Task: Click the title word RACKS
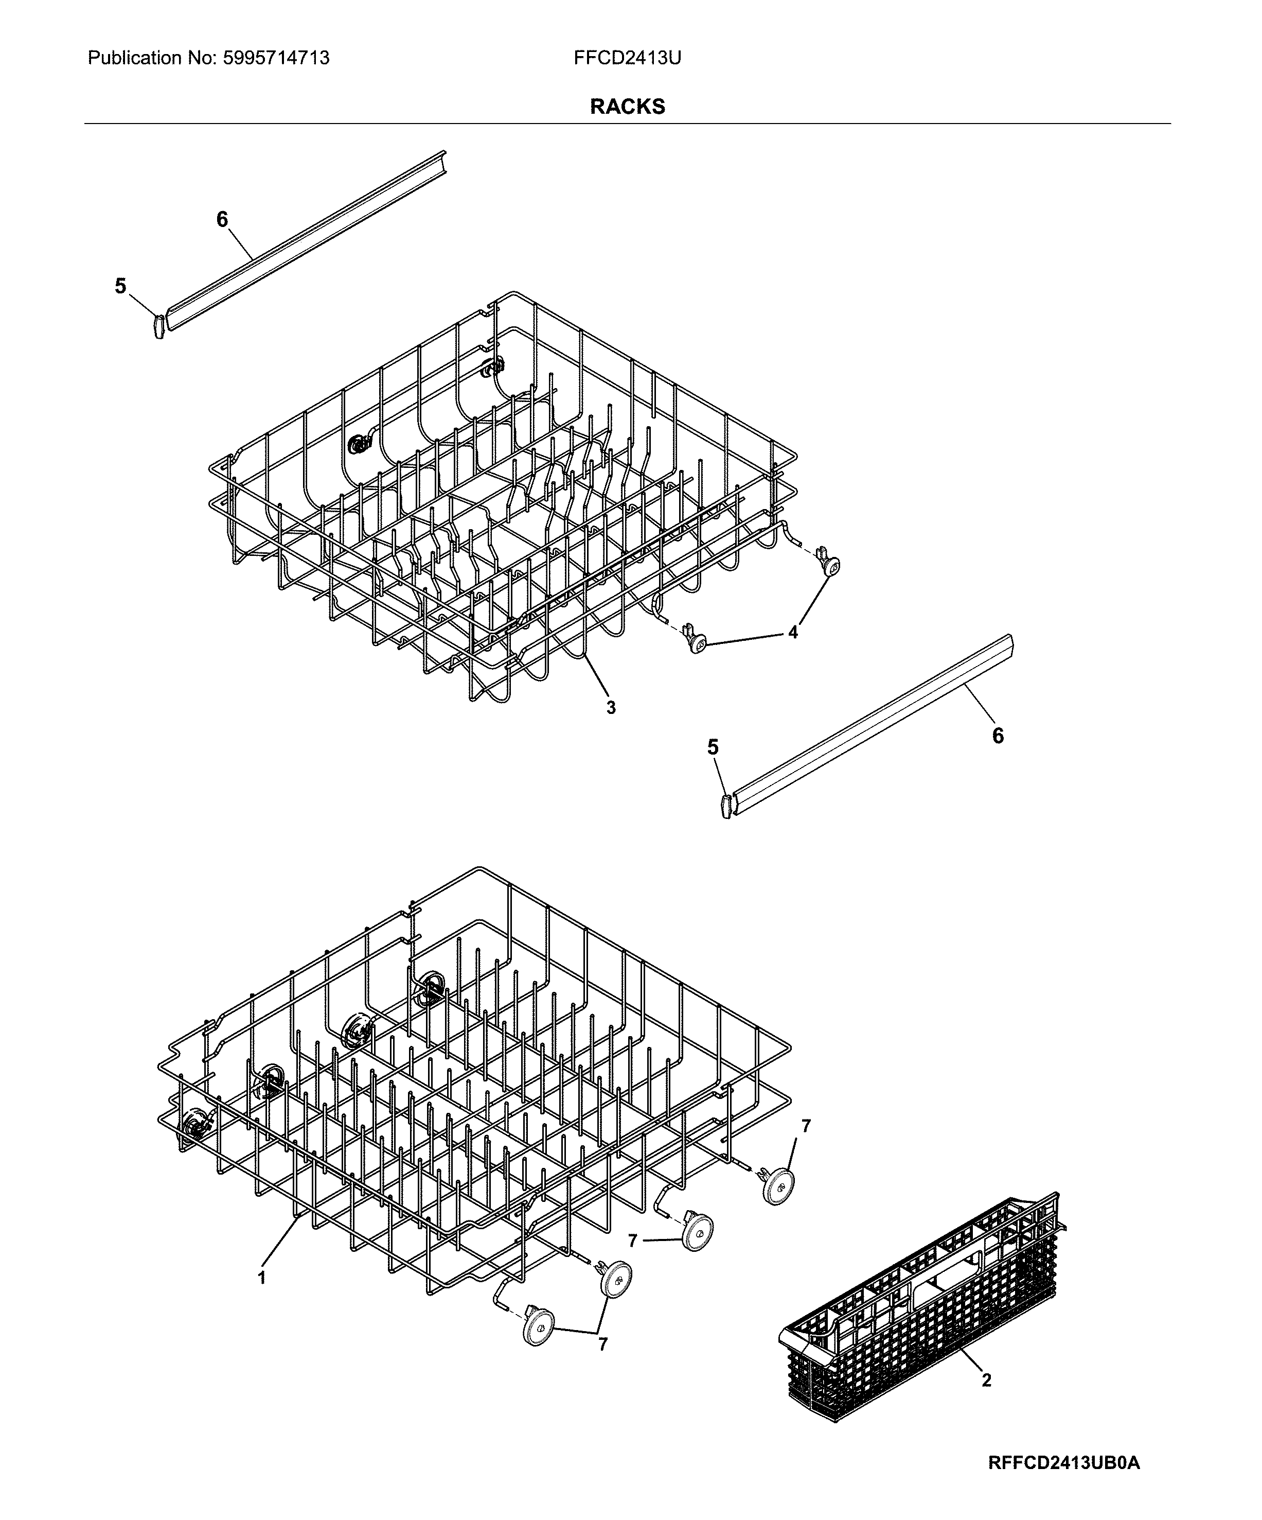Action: pos(627,107)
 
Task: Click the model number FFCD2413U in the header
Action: pos(627,58)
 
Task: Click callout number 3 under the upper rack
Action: pos(611,708)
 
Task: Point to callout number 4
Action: pos(793,632)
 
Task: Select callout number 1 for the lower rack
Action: pos(262,1278)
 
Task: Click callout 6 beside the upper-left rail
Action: pos(222,219)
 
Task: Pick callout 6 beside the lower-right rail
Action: pos(998,736)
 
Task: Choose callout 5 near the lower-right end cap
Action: pos(713,747)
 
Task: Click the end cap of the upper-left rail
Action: pos(159,326)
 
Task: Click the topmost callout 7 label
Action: pos(806,1126)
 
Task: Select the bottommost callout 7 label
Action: pos(603,1344)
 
